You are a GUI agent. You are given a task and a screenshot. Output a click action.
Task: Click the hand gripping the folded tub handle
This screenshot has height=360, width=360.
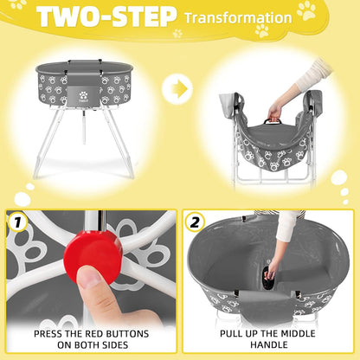coord(275,109)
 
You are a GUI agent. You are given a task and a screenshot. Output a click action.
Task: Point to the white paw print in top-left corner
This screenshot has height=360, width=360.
coord(17,4)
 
